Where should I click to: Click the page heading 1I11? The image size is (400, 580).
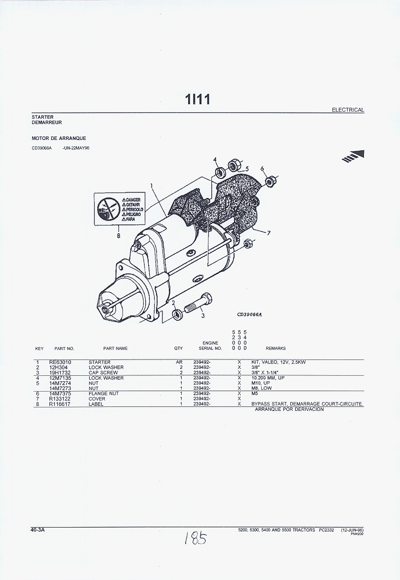[x=198, y=99]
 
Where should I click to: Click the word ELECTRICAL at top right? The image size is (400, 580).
[x=348, y=110]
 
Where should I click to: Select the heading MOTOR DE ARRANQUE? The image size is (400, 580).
[x=59, y=138]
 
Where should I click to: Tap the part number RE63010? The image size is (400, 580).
[x=60, y=362]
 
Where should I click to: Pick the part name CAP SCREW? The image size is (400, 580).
[x=103, y=372]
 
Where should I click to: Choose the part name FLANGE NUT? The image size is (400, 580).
[x=103, y=394]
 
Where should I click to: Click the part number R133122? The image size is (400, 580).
[x=60, y=399]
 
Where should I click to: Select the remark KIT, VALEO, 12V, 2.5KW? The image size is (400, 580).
[x=279, y=362]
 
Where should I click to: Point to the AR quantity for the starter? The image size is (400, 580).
[x=179, y=362]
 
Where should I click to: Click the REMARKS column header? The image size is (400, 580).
[x=276, y=349]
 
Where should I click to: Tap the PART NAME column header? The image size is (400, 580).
[x=115, y=349]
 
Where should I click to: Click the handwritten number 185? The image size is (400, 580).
[x=196, y=538]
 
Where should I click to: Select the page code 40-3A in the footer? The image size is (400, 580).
[x=38, y=530]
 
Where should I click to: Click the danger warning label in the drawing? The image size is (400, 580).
[x=119, y=209]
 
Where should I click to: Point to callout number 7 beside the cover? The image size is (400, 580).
[x=269, y=233]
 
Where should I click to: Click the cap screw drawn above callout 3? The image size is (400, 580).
[x=199, y=303]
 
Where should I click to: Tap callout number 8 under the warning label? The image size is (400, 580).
[x=119, y=235]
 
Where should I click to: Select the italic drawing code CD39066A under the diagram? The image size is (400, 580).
[x=249, y=315]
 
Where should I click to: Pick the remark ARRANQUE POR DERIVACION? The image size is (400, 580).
[x=289, y=409]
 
